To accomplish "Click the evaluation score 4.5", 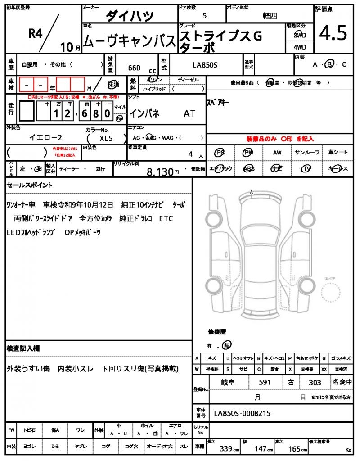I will pos(333,33).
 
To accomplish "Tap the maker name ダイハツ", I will pos(130,16).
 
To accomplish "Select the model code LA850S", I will pos(205,65).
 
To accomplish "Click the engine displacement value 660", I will pos(134,68).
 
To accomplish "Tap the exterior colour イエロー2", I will pos(45,138).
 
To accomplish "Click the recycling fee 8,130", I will pos(160,171).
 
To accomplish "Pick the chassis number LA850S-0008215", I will pos(242,413).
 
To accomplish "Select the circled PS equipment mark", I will pos(220,153).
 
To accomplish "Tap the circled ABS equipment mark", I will pos(248,169).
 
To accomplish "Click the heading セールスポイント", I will pos(30,185).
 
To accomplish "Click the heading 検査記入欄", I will pos(23,348).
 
